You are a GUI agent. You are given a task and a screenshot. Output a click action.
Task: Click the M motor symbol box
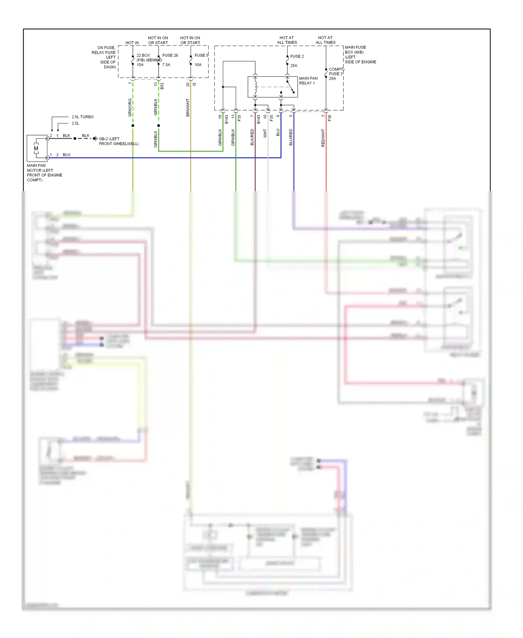tap(37, 148)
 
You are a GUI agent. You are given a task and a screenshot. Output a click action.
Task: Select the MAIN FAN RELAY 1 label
tap(308, 81)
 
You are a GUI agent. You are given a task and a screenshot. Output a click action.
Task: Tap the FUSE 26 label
tap(170, 55)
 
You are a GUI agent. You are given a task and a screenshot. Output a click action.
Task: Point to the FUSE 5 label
tap(201, 55)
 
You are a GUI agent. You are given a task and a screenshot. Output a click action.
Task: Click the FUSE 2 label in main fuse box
tap(297, 56)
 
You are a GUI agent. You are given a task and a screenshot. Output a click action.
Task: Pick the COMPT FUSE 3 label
tap(336, 72)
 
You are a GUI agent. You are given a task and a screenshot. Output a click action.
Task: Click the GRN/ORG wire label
tap(130, 107)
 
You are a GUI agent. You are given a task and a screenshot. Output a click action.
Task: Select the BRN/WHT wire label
tap(188, 107)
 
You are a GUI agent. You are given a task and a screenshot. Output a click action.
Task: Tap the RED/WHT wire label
tap(323, 138)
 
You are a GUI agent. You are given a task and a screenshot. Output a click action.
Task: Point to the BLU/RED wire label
tap(291, 137)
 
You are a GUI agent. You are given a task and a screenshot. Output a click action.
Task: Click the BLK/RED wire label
tap(252, 137)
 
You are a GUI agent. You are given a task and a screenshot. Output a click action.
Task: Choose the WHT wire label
tap(265, 133)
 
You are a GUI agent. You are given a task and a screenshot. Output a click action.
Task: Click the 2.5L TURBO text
tap(83, 117)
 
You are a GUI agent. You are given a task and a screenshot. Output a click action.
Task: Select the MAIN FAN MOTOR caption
tap(44, 172)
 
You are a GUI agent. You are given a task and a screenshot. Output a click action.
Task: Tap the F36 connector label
tap(329, 118)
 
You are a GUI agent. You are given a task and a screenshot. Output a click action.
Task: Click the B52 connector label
tap(162, 86)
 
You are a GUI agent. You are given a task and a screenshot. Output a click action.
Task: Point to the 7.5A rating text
tap(166, 65)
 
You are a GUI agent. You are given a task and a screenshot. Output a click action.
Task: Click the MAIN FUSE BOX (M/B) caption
tap(360, 54)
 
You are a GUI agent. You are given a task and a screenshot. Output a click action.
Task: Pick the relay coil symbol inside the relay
tap(255, 87)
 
